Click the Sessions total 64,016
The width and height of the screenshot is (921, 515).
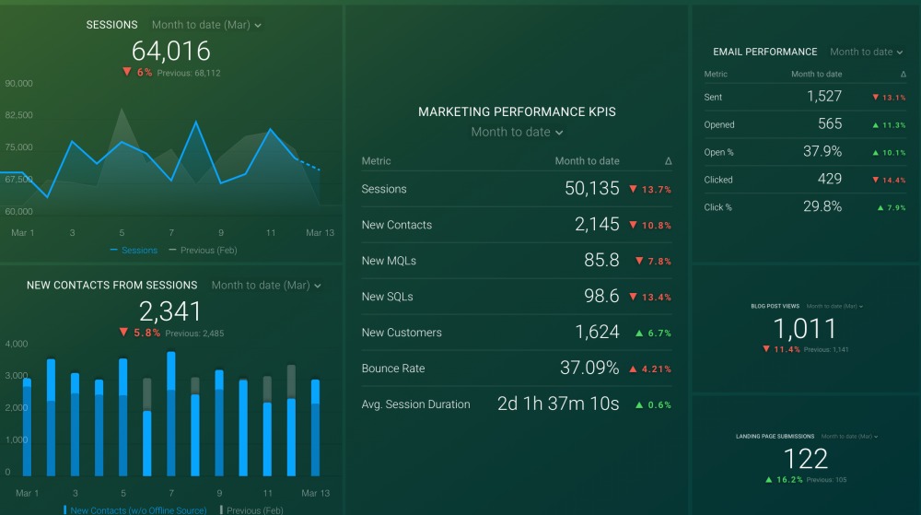171,51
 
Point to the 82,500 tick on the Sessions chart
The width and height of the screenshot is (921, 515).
19,115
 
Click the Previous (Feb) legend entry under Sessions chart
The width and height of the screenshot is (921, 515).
208,250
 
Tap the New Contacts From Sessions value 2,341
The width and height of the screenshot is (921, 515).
171,310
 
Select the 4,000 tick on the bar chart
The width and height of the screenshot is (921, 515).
17,344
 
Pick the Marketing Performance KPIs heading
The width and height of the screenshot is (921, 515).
517,111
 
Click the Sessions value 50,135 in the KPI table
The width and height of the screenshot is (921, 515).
591,189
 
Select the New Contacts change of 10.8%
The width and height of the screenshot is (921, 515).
650,226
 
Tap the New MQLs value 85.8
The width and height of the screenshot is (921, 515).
601,261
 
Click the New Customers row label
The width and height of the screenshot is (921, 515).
402,333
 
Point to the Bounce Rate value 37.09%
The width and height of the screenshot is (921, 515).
589,369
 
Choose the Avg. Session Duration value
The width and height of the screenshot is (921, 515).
558,404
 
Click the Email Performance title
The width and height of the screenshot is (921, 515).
764,52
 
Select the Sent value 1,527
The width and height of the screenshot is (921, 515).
824,97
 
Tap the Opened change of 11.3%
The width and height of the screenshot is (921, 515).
889,124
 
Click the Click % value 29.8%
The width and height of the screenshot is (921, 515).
822,206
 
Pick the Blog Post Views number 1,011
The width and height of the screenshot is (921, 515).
805,328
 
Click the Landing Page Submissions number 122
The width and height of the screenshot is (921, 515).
805,458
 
